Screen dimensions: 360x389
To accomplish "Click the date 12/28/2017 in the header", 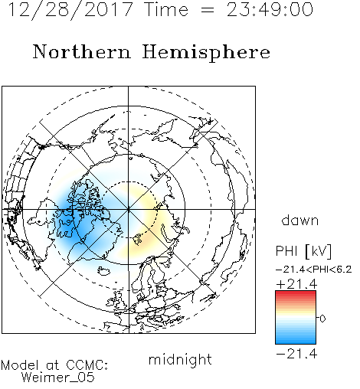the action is [70, 10].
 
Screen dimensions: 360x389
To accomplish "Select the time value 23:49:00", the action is [270, 9].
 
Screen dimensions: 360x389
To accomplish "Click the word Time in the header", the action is [166, 9].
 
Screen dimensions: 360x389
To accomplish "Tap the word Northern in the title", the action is [82, 51].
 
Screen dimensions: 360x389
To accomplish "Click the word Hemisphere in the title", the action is [206, 53].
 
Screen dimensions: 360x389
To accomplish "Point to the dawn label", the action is [300, 220].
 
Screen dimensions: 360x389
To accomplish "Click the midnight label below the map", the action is [180, 359].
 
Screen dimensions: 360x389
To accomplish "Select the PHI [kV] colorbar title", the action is [303, 251].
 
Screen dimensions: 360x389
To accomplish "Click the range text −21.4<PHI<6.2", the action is [314, 270].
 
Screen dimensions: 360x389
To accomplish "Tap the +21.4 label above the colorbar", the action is [296, 284].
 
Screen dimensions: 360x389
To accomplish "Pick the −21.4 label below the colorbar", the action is [296, 354].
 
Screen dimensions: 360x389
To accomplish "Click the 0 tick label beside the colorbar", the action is [322, 319].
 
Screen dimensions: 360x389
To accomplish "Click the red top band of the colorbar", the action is [296, 293].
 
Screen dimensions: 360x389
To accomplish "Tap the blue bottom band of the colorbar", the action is [296, 341].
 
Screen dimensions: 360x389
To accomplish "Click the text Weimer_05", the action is [58, 378].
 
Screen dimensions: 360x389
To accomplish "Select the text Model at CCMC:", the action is [54, 365].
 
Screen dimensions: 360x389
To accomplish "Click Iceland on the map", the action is [104, 271].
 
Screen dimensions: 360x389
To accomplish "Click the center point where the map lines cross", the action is [129, 209].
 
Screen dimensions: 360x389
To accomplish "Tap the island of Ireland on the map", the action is [112, 302].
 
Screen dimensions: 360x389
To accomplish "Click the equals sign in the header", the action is [208, 10].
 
